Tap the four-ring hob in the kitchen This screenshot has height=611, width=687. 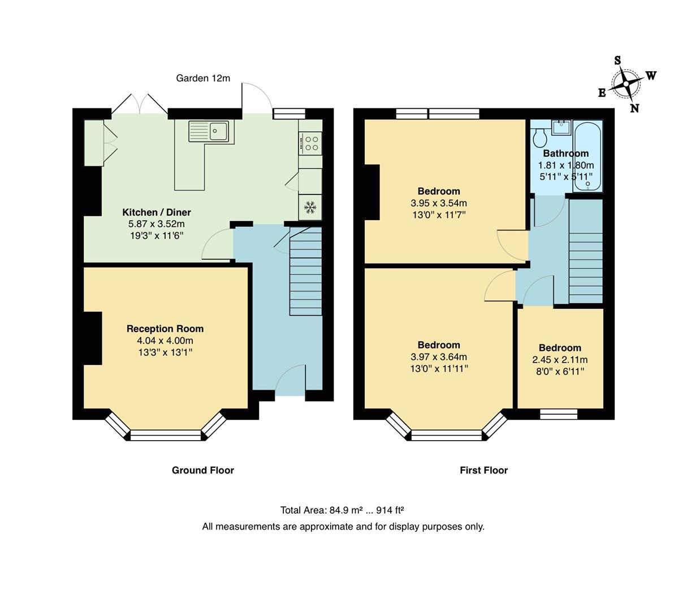[x=310, y=142]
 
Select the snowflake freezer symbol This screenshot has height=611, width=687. [x=310, y=208]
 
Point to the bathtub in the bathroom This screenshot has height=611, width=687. [x=588, y=156]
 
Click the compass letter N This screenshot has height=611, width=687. [x=634, y=109]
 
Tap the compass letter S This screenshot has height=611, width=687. [x=617, y=61]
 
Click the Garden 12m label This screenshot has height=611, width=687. [x=203, y=79]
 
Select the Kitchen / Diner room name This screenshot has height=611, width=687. [x=157, y=212]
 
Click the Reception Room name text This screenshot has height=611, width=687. [x=165, y=329]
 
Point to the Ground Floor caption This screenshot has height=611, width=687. [x=203, y=470]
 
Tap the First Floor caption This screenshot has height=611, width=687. [x=483, y=470]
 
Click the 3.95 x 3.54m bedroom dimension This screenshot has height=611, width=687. [x=439, y=203]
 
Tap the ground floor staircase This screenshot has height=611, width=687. [x=306, y=272]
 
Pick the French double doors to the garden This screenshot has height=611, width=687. [x=139, y=105]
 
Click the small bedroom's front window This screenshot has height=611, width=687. [x=559, y=414]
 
